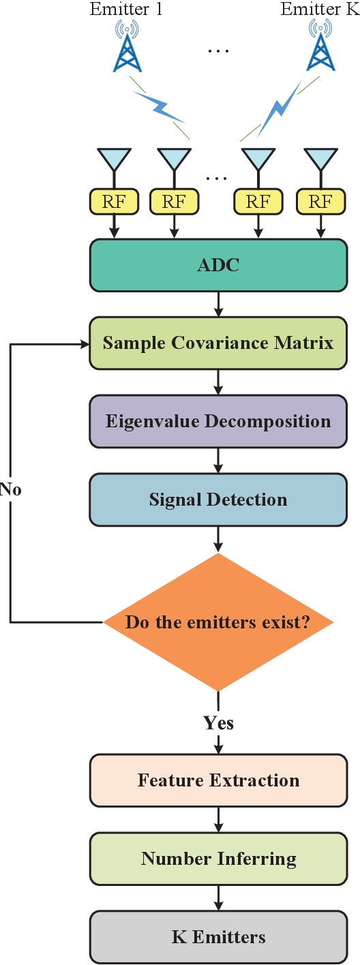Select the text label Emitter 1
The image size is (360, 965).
point(126,10)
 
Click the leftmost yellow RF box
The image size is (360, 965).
point(115,202)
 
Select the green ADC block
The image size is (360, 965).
point(218,264)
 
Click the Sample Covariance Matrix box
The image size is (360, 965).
point(218,343)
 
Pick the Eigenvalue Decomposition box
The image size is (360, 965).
point(218,421)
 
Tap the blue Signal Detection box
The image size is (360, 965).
point(218,500)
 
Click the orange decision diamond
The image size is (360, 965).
point(218,622)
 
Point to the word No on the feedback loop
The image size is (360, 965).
point(10,489)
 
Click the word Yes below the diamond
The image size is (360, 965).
point(218,723)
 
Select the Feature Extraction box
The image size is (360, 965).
point(218,780)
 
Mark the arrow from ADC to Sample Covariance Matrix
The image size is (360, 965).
point(218,304)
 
